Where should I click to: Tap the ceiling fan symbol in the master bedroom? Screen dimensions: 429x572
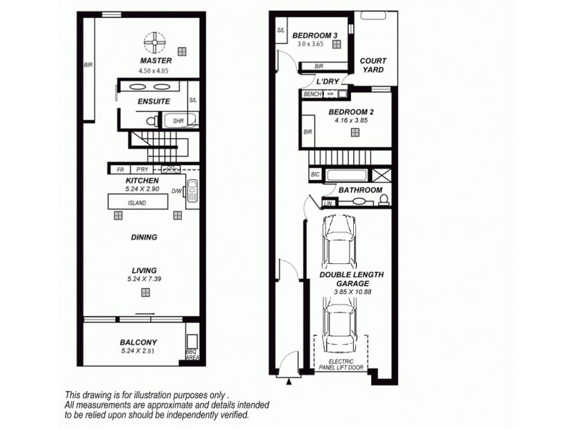pyautogui.click(x=154, y=43)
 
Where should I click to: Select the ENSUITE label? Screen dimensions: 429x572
pyautogui.click(x=154, y=102)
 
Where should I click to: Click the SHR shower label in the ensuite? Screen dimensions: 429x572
pyautogui.click(x=177, y=122)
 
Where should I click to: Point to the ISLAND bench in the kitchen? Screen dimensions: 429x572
pyautogui.click(x=137, y=204)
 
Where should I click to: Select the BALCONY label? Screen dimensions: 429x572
pyautogui.click(x=139, y=342)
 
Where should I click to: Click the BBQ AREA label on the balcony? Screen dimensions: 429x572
pyautogui.click(x=191, y=355)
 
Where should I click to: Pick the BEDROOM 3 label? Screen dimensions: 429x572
pyautogui.click(x=314, y=36)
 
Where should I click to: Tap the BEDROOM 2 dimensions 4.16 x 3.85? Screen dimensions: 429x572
pyautogui.click(x=345, y=121)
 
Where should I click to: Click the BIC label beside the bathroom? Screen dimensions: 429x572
pyautogui.click(x=315, y=174)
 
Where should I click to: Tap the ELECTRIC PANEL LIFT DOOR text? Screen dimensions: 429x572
pyautogui.click(x=341, y=365)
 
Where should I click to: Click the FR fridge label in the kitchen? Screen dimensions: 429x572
pyautogui.click(x=120, y=169)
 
